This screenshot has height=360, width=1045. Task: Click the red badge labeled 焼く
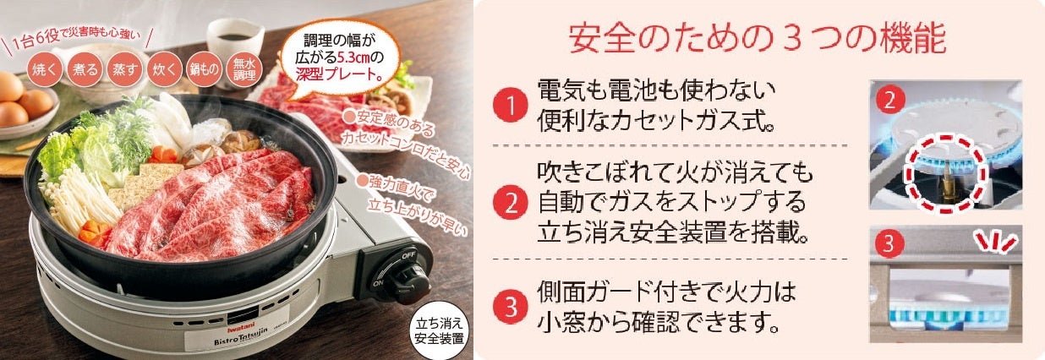(x=45, y=69)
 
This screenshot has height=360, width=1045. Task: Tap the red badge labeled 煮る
(x=85, y=69)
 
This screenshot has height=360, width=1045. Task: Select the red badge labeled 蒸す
(x=124, y=69)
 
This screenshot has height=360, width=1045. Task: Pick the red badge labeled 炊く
(x=164, y=69)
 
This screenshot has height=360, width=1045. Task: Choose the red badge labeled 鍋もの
(x=204, y=69)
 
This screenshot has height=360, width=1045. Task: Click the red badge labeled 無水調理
(x=244, y=69)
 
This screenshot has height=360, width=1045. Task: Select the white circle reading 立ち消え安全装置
(x=439, y=331)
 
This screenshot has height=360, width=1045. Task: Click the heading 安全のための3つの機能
(x=758, y=38)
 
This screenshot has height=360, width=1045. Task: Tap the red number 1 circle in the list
(x=511, y=105)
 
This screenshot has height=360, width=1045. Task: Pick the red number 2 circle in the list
(x=511, y=202)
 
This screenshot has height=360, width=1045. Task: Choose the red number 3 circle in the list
(x=511, y=307)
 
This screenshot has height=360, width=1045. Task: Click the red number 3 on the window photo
(x=888, y=243)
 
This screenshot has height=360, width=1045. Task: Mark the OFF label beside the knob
(x=408, y=255)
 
